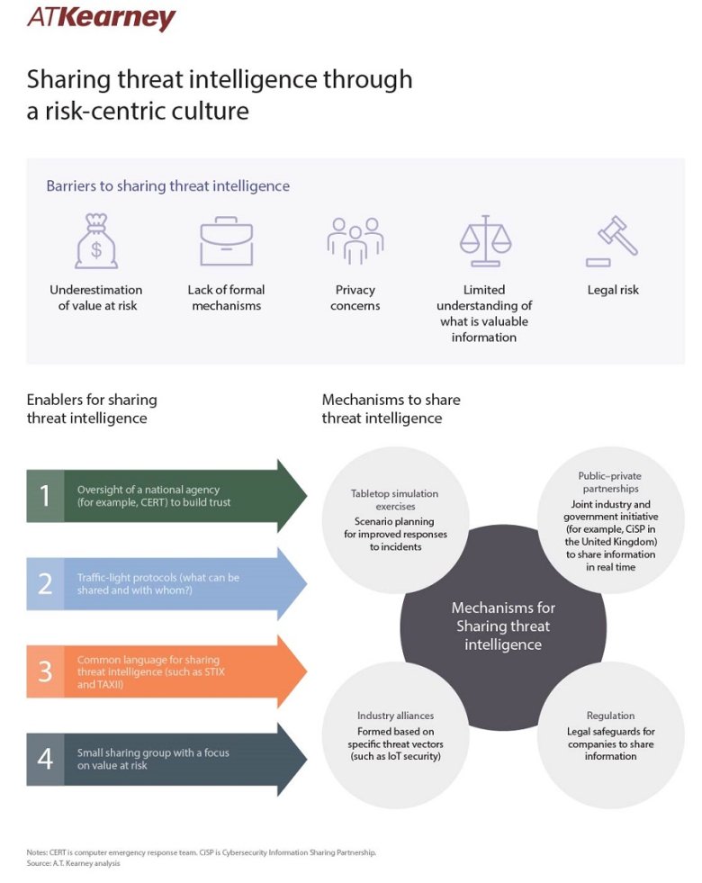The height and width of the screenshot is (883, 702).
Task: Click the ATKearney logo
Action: [x=101, y=18]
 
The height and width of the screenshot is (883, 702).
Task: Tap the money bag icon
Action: [x=96, y=241]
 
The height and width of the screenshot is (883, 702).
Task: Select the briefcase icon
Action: [x=226, y=242]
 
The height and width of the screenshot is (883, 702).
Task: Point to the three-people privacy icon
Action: [x=355, y=241]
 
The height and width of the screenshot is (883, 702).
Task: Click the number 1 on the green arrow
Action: [x=45, y=496]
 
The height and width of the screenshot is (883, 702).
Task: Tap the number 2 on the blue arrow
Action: [x=45, y=583]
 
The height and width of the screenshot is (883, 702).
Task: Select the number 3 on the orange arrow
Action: [x=45, y=671]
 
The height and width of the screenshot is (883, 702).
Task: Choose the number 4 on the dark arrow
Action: [x=45, y=759]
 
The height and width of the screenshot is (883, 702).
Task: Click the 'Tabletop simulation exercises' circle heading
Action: [x=395, y=500]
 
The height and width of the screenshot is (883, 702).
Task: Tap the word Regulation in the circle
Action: [x=610, y=716]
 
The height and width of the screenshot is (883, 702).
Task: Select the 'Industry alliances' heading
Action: [x=395, y=716]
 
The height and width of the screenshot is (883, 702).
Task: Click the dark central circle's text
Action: [x=503, y=626]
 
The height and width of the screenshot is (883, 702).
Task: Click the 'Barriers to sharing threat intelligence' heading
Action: [x=168, y=186]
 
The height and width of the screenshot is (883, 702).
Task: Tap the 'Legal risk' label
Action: [x=613, y=290]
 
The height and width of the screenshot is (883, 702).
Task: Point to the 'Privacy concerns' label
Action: [x=355, y=298]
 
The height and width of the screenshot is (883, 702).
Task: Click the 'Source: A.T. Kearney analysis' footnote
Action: [x=73, y=863]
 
